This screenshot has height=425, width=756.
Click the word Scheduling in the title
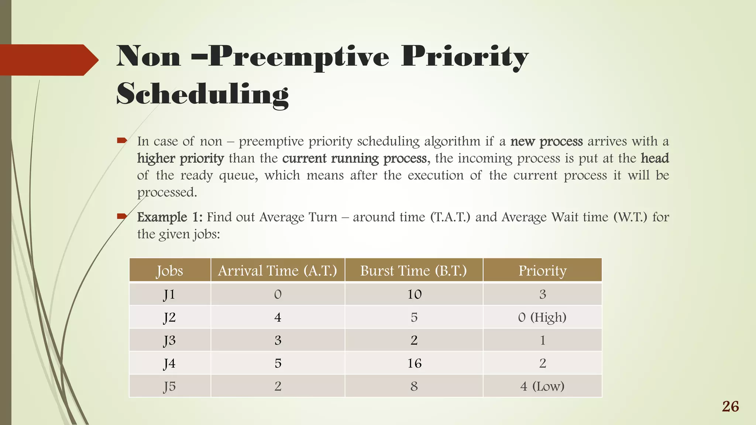click(202, 94)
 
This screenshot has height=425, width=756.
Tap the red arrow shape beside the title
click(48, 60)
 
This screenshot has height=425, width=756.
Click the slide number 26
click(730, 407)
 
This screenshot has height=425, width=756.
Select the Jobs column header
click(169, 270)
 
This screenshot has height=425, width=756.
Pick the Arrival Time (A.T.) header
click(278, 270)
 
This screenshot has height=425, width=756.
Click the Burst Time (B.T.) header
click(413, 270)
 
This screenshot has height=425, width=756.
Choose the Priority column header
click(542, 270)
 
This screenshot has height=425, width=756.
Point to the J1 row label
click(169, 294)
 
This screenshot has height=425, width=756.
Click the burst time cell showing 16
click(414, 363)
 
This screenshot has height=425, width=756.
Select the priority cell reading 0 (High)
click(542, 317)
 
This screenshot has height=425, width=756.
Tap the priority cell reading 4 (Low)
click(542, 386)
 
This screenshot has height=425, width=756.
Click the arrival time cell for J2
click(278, 317)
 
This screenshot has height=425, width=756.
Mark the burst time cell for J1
click(414, 294)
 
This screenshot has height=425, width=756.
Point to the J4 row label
click(169, 363)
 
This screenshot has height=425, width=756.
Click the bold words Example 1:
click(169, 217)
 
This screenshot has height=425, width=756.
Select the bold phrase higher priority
click(181, 159)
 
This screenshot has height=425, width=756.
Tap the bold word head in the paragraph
click(654, 159)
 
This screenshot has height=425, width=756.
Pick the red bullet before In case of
click(122, 140)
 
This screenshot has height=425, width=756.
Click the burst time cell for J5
click(414, 386)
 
